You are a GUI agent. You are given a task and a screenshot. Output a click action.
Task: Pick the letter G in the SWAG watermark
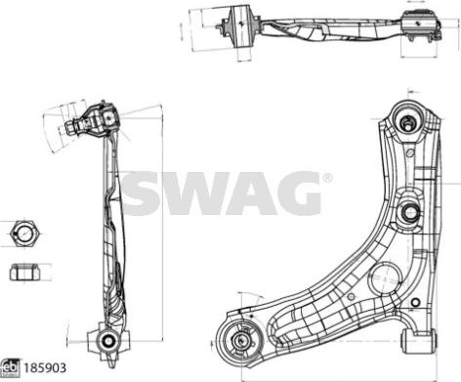coord(294,193)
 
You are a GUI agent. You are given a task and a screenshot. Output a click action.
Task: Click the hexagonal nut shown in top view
coord(24,234)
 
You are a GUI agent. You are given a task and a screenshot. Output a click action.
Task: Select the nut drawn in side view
coord(24,271)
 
